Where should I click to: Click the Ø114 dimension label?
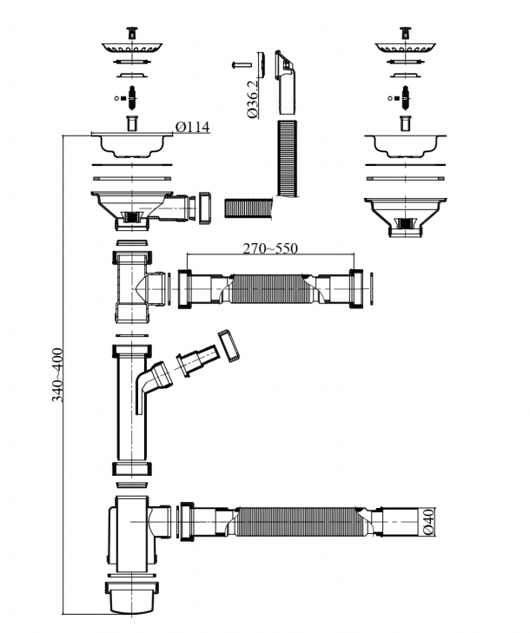(x=192, y=127)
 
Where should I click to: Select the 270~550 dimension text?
(x=269, y=248)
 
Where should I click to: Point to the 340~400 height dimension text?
(x=58, y=373)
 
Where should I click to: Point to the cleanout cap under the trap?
(x=132, y=599)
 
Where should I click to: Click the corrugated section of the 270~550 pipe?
(x=268, y=288)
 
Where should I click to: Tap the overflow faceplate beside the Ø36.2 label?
(x=283, y=69)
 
